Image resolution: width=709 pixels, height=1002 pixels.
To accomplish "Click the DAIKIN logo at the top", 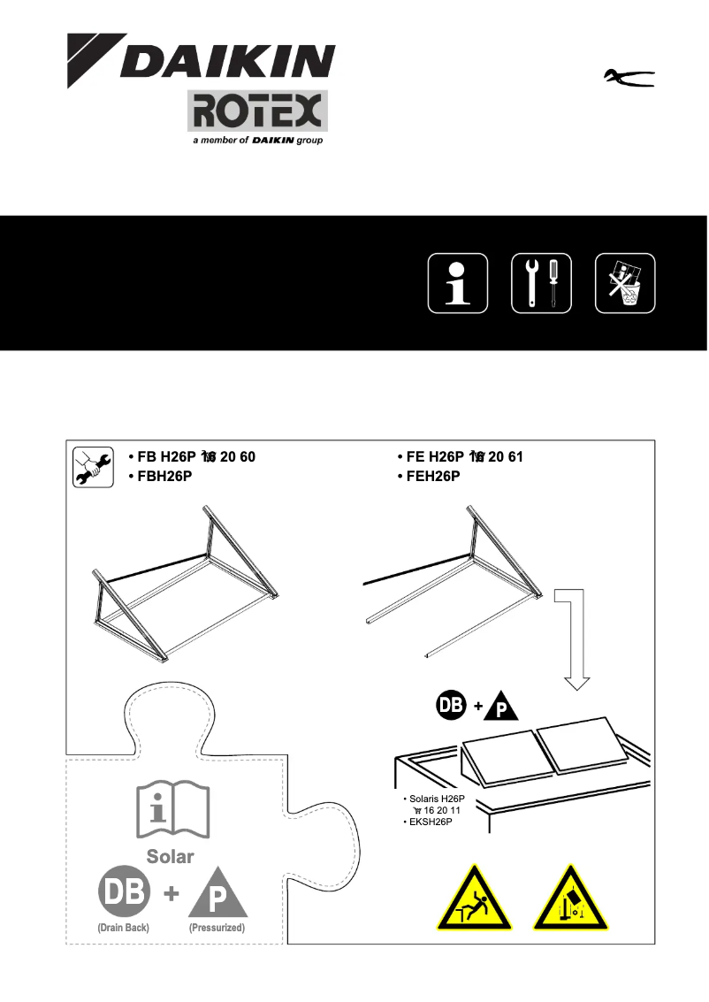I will click(202, 60).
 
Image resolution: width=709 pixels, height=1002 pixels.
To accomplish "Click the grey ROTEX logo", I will click(256, 111).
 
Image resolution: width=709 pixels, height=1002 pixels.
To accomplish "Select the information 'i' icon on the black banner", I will click(458, 283).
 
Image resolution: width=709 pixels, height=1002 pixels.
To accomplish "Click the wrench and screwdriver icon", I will click(541, 283).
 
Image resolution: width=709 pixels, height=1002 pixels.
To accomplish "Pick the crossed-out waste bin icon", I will click(625, 283).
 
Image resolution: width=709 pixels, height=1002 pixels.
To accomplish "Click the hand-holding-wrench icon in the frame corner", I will click(92, 467).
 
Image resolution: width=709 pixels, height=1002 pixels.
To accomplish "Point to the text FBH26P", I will click(164, 477).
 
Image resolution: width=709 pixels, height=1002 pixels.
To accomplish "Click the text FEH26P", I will click(434, 477).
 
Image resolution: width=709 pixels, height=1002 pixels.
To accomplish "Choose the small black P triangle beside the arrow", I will click(499, 708).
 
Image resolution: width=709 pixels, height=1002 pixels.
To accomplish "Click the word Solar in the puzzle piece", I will click(170, 856).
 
